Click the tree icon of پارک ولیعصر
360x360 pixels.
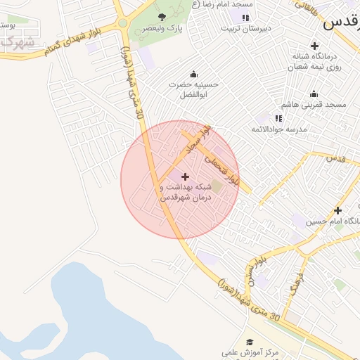(x=162, y=16)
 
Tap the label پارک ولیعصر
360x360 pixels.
(x=162, y=29)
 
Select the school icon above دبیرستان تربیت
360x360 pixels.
(x=245, y=18)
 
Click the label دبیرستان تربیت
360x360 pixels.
(x=245, y=30)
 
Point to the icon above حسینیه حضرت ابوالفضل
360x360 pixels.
(x=193, y=75)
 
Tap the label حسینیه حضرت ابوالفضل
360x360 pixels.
(x=193, y=89)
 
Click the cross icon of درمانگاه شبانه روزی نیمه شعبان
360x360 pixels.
(x=314, y=46)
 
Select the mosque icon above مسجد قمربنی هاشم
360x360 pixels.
(x=314, y=94)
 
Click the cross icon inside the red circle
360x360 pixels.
(x=185, y=176)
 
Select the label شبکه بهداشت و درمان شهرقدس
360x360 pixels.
(x=186, y=193)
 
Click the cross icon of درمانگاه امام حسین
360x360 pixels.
(x=337, y=210)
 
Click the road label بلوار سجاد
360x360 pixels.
(x=195, y=139)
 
